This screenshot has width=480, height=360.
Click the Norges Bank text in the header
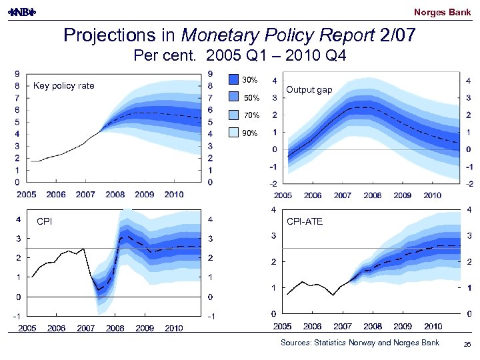point(442,12)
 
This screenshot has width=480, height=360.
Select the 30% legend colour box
point(233,80)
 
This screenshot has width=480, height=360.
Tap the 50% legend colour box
point(233,97)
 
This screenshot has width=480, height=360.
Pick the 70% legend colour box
point(233,115)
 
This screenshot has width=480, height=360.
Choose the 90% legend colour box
point(233,133)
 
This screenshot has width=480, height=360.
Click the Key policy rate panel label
point(64,85)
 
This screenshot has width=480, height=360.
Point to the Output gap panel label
point(309,90)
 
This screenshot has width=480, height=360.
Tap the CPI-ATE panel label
point(305,221)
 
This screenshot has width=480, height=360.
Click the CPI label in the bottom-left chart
point(44,221)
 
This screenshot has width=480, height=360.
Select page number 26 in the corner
point(467,343)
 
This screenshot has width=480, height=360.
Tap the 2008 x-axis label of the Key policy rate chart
point(115,195)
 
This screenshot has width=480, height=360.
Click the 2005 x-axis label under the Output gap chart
point(283,195)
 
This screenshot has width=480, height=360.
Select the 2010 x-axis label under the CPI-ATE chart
point(433,326)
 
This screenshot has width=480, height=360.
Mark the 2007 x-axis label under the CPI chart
point(86,328)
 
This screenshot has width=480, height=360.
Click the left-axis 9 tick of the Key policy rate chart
point(16,74)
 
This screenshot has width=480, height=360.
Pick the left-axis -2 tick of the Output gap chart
point(274,183)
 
